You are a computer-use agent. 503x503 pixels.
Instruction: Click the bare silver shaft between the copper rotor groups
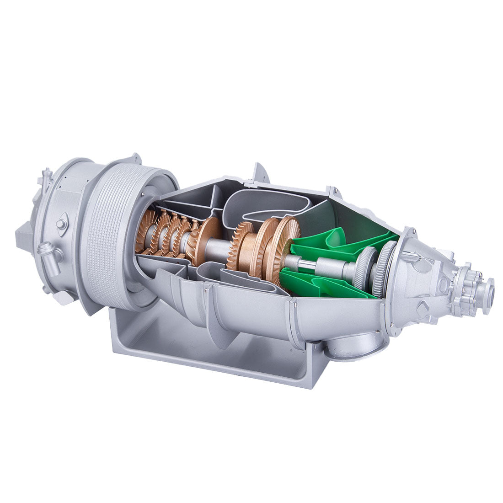[218, 251]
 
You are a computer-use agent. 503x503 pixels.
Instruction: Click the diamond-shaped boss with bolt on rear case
[61, 224]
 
